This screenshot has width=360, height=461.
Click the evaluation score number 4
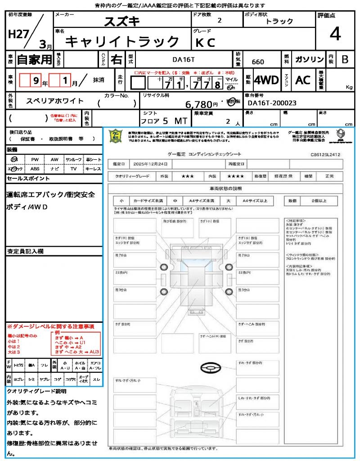(334, 34)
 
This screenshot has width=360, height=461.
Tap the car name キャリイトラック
(122, 42)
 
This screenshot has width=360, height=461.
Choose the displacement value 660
(258, 62)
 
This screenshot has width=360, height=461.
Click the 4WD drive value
(266, 80)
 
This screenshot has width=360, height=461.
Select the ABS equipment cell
(35, 169)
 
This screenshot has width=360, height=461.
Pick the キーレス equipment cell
(93, 169)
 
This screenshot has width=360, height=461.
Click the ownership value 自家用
(35, 59)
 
